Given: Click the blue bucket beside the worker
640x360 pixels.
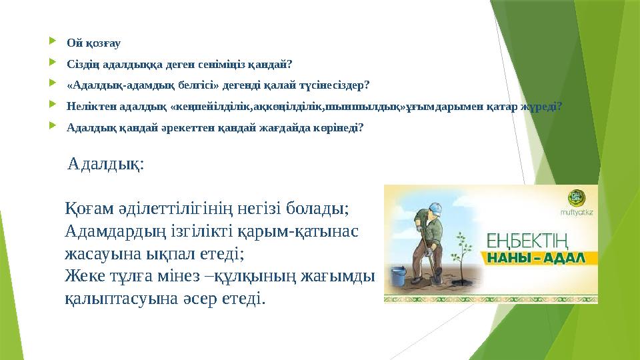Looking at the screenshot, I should coord(397,276).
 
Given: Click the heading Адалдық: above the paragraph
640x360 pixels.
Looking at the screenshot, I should coord(105,164).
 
